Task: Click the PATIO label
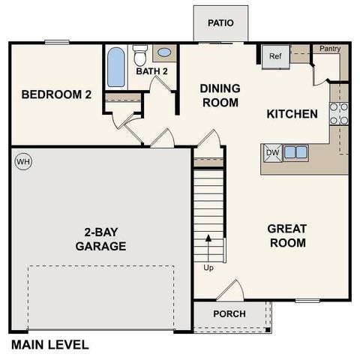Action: point(220,22)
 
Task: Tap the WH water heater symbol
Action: point(22,161)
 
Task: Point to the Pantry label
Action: point(330,49)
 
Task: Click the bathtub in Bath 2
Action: point(116,67)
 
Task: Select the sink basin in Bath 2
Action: point(164,54)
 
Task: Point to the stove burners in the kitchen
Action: point(339,112)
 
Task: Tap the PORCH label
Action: point(229,313)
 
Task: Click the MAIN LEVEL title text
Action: point(49,345)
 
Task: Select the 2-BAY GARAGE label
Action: point(100,239)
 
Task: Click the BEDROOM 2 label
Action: point(56,94)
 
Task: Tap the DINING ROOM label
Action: point(219,95)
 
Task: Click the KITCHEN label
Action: point(292,114)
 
